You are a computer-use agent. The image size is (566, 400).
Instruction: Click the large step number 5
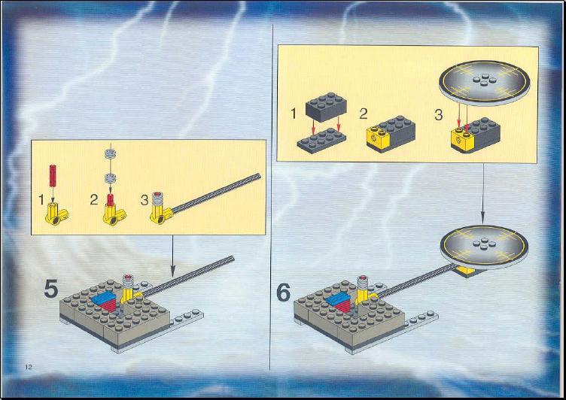[51, 289]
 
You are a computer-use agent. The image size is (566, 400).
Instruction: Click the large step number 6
[283, 292]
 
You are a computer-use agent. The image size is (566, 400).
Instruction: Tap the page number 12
[29, 367]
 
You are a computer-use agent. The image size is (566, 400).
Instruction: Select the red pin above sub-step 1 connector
[53, 175]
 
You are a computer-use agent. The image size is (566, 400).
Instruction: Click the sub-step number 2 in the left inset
[94, 199]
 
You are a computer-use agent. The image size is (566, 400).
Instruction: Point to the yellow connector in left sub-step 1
[56, 214]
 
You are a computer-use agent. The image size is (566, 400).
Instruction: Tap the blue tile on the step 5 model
[104, 298]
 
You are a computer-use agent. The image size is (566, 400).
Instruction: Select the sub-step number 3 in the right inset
[438, 115]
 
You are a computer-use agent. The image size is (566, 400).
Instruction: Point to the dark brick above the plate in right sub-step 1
[326, 107]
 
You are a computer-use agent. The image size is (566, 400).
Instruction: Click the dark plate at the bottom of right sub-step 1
[321, 141]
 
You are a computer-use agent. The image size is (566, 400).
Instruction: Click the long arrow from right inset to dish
[482, 193]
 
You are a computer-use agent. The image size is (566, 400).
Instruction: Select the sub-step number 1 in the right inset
[294, 114]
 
